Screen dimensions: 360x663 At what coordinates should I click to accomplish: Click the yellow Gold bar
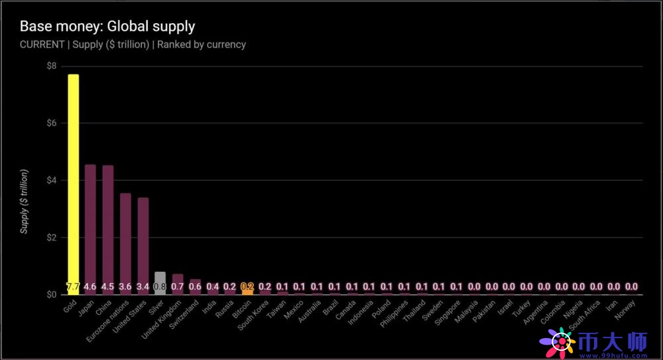click(73, 179)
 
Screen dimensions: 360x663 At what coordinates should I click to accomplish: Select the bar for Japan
click(90, 225)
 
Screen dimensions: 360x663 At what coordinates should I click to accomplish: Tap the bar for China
click(108, 225)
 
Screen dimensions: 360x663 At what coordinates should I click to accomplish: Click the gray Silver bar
click(160, 278)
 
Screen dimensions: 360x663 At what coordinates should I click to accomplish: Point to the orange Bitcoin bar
click(247, 288)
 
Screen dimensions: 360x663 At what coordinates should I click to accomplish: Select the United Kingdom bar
click(178, 281)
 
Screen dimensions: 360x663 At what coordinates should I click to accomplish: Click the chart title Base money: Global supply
click(107, 27)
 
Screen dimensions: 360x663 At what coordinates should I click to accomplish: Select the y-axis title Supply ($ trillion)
click(25, 202)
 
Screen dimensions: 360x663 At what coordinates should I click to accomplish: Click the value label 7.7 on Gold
click(73, 287)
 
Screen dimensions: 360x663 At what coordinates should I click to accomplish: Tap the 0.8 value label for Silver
click(160, 287)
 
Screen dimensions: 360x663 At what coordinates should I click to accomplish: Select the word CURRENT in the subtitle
click(42, 44)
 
